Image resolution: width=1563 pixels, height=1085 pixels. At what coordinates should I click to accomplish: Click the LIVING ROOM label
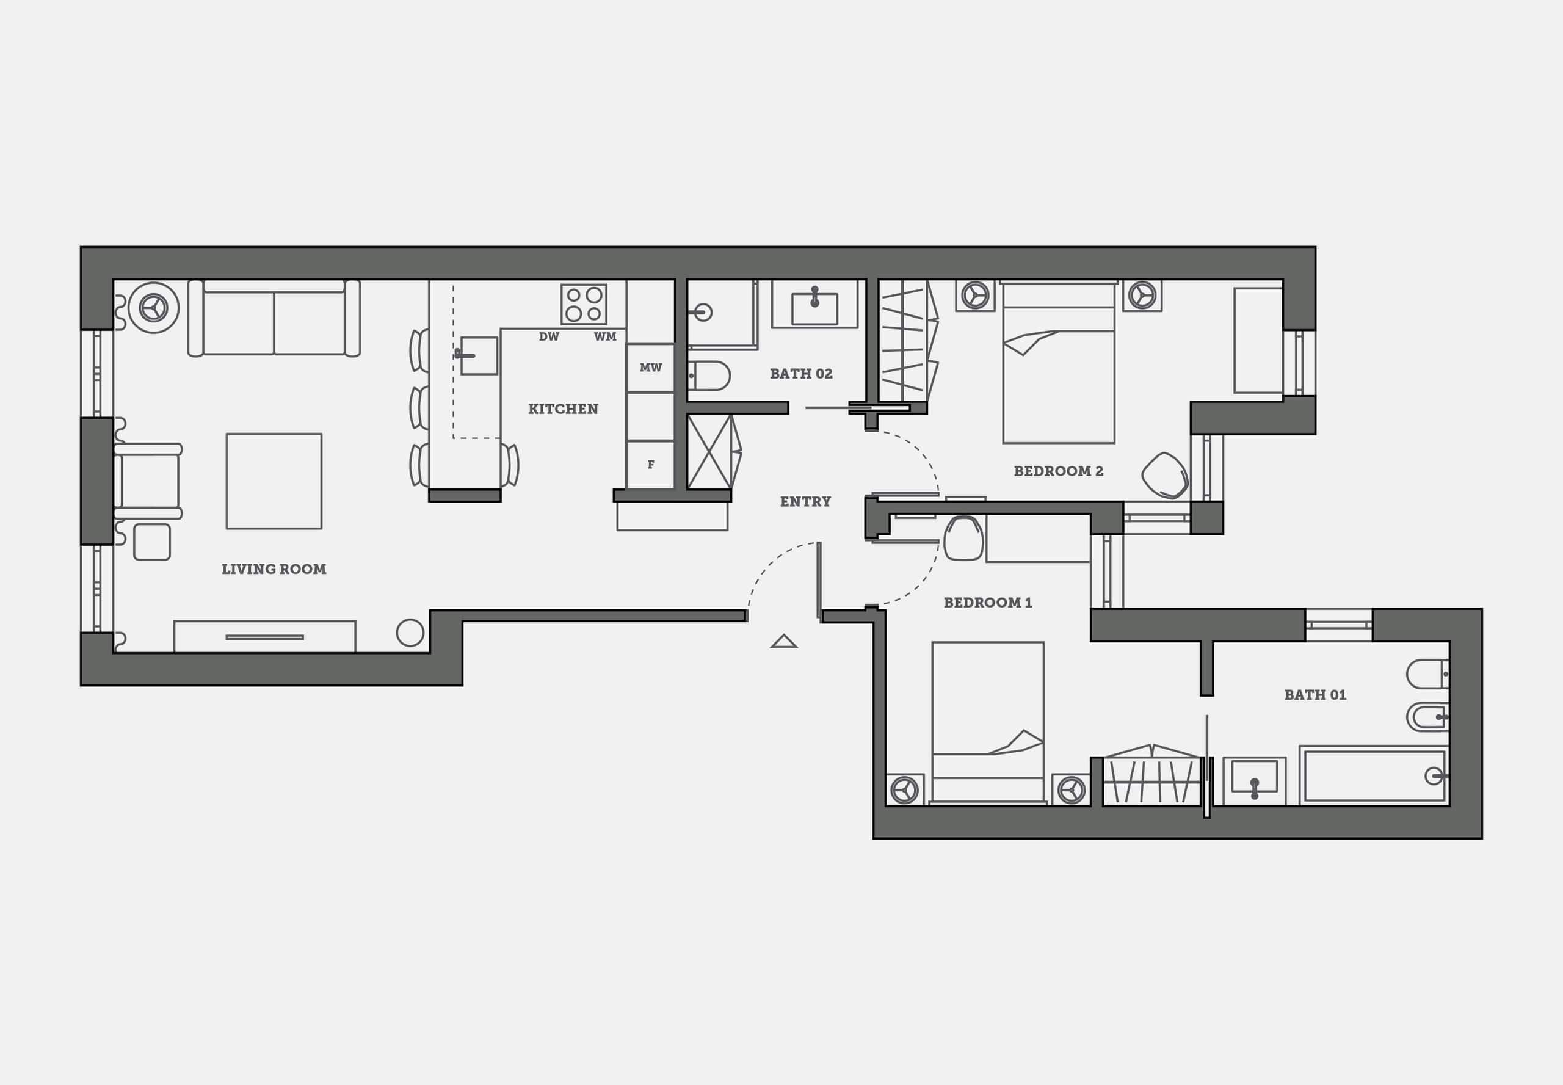click(x=274, y=569)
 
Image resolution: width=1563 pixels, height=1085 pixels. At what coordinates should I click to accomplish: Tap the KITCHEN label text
click(x=564, y=408)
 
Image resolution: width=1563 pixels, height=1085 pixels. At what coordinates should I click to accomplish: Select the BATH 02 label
click(x=801, y=373)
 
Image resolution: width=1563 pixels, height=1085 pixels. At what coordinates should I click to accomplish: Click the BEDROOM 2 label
click(x=1059, y=471)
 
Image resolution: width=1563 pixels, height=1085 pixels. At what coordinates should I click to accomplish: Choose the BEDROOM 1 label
click(x=988, y=602)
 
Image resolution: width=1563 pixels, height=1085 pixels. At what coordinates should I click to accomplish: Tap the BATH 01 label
click(x=1315, y=695)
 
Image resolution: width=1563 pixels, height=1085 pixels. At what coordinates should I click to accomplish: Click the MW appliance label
click(x=651, y=367)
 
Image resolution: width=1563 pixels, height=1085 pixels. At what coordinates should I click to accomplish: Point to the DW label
click(x=549, y=336)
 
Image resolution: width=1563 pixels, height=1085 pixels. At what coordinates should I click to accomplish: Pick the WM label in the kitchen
click(x=605, y=336)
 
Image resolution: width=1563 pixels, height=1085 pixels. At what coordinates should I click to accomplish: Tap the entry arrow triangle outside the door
click(x=784, y=641)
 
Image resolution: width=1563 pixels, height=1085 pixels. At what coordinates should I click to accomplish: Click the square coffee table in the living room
click(x=274, y=481)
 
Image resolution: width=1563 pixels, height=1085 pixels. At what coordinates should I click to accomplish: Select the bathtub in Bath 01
click(x=1374, y=775)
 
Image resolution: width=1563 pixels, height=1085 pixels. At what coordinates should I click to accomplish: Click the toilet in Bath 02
click(x=709, y=376)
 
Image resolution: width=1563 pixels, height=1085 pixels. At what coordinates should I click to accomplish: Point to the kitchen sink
click(x=479, y=355)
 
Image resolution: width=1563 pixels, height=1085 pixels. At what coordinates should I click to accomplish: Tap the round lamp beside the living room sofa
click(x=154, y=308)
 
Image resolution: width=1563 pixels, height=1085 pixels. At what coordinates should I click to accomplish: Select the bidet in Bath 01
click(x=1427, y=717)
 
